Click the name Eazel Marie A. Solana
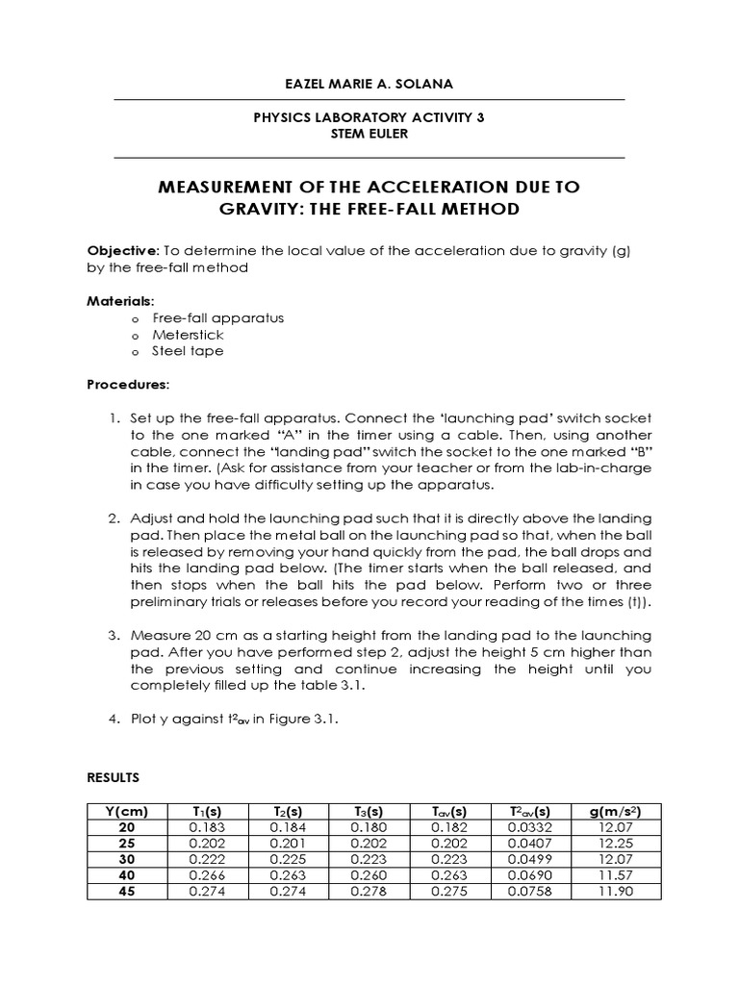[369, 85]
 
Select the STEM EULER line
[369, 134]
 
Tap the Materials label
[114, 301]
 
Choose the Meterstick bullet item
[188, 335]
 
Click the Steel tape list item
[188, 351]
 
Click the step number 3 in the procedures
[113, 636]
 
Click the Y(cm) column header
[126, 812]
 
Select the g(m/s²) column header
[615, 812]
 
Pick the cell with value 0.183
[207, 827]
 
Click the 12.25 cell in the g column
[615, 844]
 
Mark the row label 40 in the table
[126, 875]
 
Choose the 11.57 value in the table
[615, 875]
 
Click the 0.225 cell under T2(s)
[288, 859]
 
